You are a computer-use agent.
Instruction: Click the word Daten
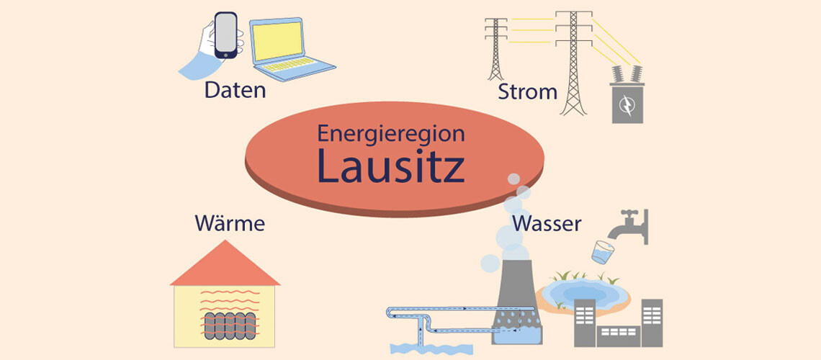point(235,91)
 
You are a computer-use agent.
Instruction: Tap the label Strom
point(527,92)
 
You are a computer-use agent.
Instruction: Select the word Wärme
point(230,223)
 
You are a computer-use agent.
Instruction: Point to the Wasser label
point(547,223)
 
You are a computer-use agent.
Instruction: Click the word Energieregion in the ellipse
point(391,133)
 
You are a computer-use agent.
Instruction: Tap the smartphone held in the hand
point(227,35)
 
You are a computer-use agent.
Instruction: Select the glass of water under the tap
point(601,251)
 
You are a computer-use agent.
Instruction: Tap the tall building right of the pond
point(651,321)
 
